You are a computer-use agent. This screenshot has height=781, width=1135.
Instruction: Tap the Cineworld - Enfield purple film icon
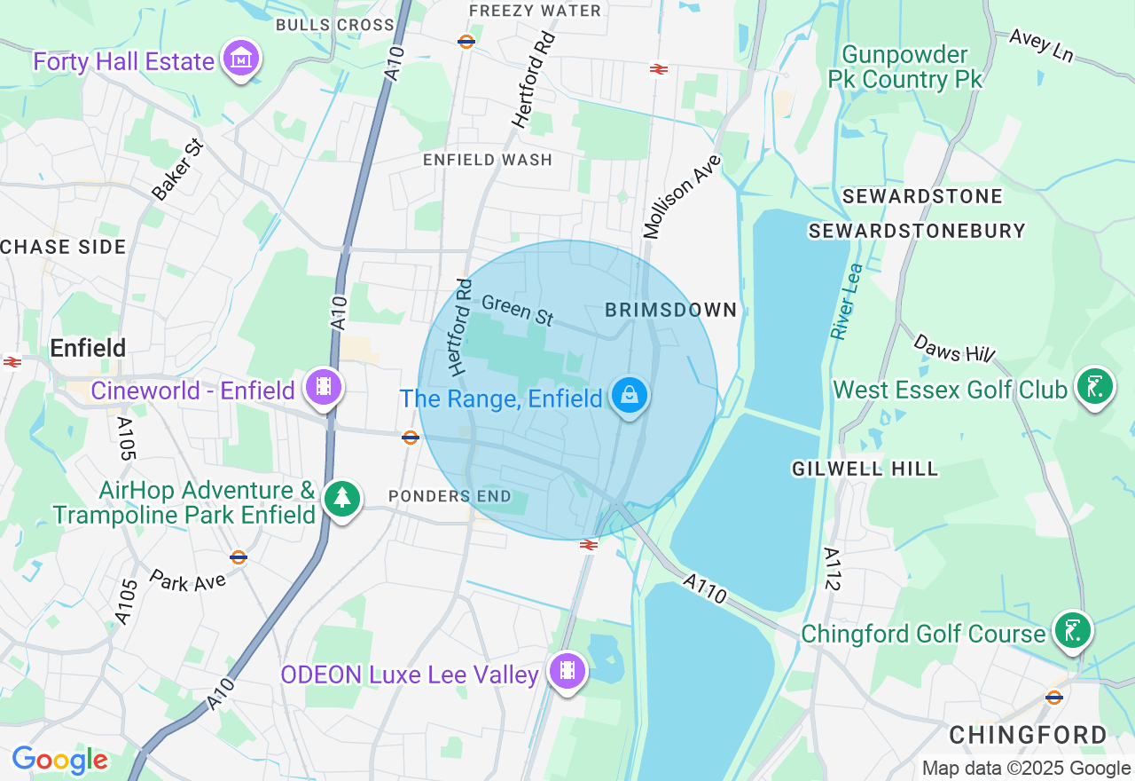[x=324, y=387]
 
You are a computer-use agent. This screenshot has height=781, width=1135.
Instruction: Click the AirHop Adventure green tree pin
[x=342, y=499]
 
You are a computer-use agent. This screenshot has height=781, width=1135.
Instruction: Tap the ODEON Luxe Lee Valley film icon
[x=567, y=671]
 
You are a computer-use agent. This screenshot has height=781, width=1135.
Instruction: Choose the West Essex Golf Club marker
[x=1094, y=386]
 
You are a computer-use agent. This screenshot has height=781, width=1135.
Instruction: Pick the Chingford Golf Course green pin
[x=1073, y=630]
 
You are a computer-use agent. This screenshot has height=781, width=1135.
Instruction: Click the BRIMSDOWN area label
[x=670, y=310]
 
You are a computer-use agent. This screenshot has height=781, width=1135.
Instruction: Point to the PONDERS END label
[x=450, y=496]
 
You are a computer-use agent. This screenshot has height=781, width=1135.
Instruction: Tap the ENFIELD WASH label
[x=487, y=160]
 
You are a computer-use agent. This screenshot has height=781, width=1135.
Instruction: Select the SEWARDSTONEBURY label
[x=917, y=231]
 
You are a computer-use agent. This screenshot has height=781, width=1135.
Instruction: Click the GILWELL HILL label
[x=865, y=469]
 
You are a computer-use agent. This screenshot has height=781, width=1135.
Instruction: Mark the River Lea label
[x=846, y=302]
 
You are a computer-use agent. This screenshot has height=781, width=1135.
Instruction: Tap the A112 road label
[x=832, y=569]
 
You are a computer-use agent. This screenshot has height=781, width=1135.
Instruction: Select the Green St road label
[x=517, y=310]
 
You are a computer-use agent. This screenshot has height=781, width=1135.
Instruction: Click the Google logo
[x=59, y=761]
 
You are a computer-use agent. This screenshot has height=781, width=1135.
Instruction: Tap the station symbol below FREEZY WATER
[x=466, y=41]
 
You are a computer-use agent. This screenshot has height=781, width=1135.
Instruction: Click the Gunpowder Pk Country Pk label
[x=904, y=67]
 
